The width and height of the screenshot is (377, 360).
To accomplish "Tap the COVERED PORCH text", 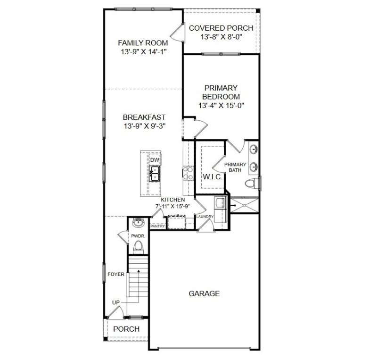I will (221, 28).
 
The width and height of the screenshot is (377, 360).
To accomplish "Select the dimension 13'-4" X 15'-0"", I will (221, 105).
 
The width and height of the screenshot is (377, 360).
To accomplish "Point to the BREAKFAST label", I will (144, 117).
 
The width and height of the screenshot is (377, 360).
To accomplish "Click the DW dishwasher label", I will (155, 160).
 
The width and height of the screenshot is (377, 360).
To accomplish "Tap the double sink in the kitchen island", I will (155, 174).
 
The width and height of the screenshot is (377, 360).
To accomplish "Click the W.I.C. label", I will (209, 176).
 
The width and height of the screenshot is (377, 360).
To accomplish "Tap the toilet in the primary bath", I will (253, 183).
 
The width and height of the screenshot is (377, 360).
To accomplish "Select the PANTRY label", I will (158, 226).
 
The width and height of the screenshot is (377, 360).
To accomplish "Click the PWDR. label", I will (137, 235).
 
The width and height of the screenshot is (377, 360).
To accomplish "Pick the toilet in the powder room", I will (139, 246).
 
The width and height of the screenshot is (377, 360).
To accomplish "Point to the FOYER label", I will (115, 274).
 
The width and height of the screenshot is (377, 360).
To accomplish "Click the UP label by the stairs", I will (115, 302).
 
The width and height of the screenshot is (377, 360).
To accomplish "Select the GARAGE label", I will (204, 293).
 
